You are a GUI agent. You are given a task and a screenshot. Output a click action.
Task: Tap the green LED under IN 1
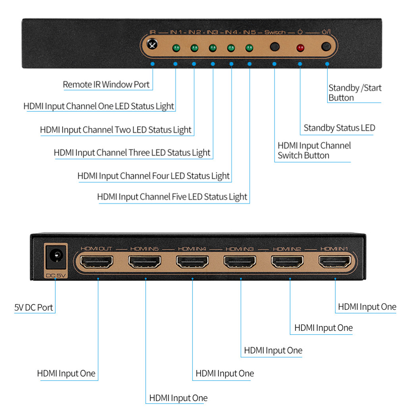[176, 48]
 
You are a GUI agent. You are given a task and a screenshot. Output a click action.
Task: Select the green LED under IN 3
[213, 48]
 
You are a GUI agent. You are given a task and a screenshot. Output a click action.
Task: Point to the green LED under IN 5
[249, 48]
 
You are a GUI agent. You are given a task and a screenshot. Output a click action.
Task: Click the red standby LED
[300, 48]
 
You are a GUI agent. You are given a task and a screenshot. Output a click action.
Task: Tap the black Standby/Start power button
[326, 46]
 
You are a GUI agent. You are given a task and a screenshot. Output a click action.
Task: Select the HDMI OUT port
[97, 261]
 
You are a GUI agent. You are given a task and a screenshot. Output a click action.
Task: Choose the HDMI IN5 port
[145, 261]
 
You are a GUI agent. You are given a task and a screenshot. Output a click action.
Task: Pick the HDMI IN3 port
[240, 261]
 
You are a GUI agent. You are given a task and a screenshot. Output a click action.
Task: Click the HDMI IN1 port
[335, 261]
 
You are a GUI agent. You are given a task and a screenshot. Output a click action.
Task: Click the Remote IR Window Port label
[106, 85]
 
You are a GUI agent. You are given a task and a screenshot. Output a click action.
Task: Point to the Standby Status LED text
[339, 128]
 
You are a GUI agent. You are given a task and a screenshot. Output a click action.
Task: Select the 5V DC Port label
[34, 307]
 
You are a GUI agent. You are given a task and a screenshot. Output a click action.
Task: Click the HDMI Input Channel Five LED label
[172, 197]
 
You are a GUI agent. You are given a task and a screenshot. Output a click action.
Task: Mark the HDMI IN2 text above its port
[287, 249]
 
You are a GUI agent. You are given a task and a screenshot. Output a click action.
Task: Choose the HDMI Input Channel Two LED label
[115, 130]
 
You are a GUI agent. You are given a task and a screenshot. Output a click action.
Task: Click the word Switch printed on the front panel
[274, 32]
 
